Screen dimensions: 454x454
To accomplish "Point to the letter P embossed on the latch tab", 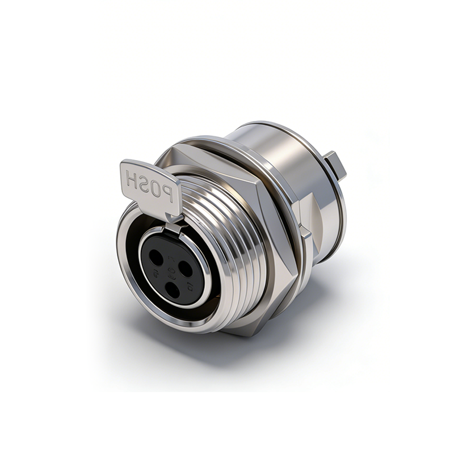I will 168,196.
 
